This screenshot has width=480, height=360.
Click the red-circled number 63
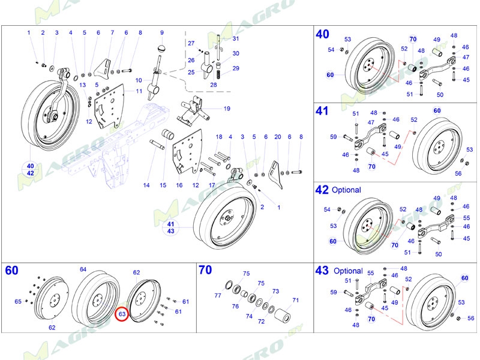(121, 313)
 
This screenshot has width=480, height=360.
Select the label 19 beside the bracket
(227, 109)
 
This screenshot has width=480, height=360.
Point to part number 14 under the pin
(146, 185)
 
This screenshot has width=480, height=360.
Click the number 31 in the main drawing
(235, 39)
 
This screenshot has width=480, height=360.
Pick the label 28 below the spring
(213, 85)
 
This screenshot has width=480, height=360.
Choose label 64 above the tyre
(83, 269)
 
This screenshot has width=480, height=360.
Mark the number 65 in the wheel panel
(18, 301)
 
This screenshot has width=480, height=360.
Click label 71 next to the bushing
(295, 300)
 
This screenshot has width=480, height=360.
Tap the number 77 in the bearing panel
(218, 296)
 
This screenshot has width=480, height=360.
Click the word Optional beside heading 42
(346, 190)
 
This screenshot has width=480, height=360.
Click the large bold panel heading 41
(322, 111)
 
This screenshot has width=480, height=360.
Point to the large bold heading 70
(205, 270)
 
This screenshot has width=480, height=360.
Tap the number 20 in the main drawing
(277, 137)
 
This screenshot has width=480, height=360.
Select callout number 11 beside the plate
(139, 91)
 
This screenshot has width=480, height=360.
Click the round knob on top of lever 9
(161, 48)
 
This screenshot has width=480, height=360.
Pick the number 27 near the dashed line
(191, 44)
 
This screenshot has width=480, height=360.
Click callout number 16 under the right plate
(179, 185)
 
